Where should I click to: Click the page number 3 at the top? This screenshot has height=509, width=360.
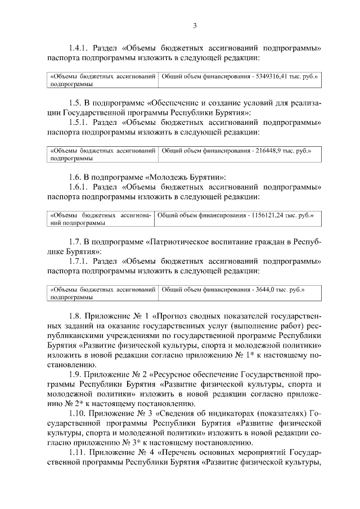(195, 25)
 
